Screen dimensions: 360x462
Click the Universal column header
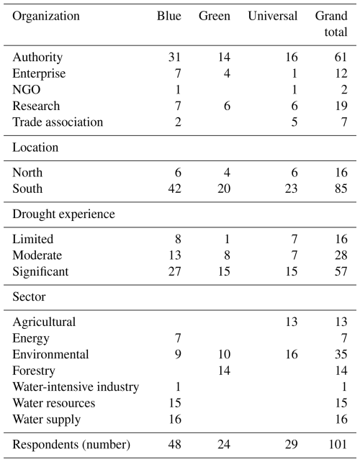click(272, 16)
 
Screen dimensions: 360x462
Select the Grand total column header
click(331, 24)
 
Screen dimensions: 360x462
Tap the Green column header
click(215, 16)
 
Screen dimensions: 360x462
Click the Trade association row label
click(58, 122)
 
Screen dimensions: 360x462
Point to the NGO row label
click(26, 89)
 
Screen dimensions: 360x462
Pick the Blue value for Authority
click(174, 57)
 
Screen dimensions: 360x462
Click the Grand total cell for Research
click(341, 106)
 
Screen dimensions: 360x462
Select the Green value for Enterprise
click(227, 73)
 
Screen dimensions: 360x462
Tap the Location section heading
click(35, 148)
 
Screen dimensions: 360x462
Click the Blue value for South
click(174, 189)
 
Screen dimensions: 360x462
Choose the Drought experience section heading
click(63, 214)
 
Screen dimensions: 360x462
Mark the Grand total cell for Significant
click(341, 271)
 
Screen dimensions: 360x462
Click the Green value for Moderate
click(227, 255)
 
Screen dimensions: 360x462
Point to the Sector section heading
click(30, 296)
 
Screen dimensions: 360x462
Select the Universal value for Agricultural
click(292, 322)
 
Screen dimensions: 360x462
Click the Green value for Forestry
click(224, 371)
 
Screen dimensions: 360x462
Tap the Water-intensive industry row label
click(76, 386)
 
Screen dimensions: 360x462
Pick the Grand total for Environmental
click(341, 354)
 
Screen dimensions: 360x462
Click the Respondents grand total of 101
click(338, 444)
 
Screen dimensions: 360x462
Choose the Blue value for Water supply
click(174, 419)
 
